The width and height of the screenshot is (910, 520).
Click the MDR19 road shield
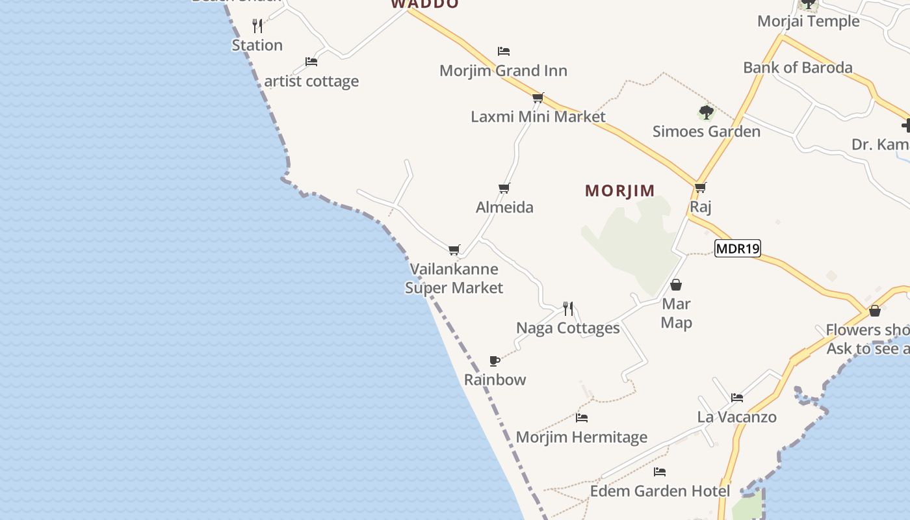click(x=737, y=248)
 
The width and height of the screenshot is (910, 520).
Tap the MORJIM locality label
click(x=620, y=190)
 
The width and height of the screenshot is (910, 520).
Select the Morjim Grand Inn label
click(x=503, y=70)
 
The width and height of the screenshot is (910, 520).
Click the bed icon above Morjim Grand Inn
click(x=503, y=51)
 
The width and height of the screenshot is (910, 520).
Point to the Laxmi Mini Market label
click(x=538, y=116)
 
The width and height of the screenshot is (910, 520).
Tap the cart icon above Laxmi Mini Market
click(x=538, y=97)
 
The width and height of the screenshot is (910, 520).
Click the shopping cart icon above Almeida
click(x=504, y=188)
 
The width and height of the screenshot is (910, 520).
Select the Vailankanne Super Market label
click(x=454, y=278)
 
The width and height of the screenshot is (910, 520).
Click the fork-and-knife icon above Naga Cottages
click(x=568, y=308)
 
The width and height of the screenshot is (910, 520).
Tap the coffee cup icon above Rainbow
click(x=495, y=361)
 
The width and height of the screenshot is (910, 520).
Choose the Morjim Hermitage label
click(x=582, y=437)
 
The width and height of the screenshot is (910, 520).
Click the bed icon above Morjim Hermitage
click(x=582, y=418)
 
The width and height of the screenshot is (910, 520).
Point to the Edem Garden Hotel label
click(x=660, y=491)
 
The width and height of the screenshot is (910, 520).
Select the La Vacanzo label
click(x=736, y=417)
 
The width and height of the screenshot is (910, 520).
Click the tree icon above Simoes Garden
click(x=706, y=112)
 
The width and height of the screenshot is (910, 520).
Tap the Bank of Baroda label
click(x=798, y=67)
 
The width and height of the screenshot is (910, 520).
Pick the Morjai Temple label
click(x=808, y=21)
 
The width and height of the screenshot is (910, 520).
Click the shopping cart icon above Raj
click(x=700, y=188)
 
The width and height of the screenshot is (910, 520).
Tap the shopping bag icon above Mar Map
click(x=676, y=285)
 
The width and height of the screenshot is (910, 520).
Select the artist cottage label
click(x=311, y=81)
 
